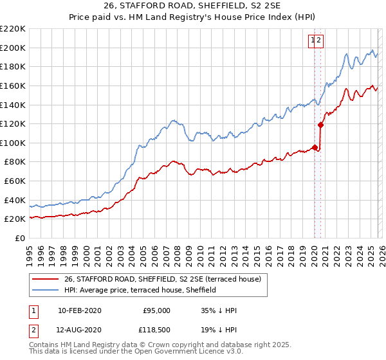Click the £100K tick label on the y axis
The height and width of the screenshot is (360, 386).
pyautogui.click(x=13, y=143)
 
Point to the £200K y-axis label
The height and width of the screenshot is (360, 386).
pyautogui.click(x=13, y=48)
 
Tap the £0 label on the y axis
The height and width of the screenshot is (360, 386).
pyautogui.click(x=19, y=238)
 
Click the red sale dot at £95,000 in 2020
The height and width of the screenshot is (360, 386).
pyautogui.click(x=315, y=147)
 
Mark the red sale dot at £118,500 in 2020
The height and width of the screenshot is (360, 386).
pyautogui.click(x=320, y=125)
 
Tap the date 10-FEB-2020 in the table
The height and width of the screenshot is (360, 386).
pyautogui.click(x=79, y=310)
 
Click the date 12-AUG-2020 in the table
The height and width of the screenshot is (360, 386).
pyautogui.click(x=79, y=331)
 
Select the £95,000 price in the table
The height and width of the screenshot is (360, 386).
pyautogui.click(x=156, y=310)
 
